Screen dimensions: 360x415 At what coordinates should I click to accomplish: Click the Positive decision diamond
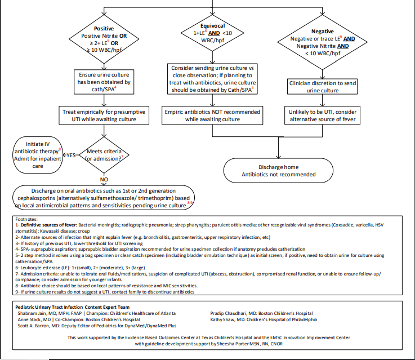104,39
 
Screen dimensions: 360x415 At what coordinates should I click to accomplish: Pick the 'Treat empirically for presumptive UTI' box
104,116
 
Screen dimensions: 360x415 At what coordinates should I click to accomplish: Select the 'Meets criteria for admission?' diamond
104,154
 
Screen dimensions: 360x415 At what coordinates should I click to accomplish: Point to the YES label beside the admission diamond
72,154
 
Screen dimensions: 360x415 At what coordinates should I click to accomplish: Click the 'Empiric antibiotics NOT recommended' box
212,116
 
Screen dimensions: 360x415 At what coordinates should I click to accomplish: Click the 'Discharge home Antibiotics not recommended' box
278,171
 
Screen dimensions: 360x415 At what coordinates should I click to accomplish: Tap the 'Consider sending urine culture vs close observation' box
212,79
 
